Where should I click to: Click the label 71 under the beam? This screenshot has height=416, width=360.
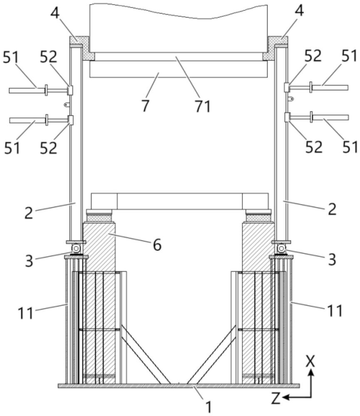(x=203, y=106)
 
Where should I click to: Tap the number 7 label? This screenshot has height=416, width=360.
(x=145, y=105)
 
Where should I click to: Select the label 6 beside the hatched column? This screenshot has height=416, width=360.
(x=157, y=245)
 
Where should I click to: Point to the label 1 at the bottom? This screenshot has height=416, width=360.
(x=209, y=406)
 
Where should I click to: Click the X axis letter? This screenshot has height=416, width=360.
(x=310, y=361)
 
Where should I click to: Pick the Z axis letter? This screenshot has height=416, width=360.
(x=276, y=398)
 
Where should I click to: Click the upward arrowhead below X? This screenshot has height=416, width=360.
(x=311, y=372)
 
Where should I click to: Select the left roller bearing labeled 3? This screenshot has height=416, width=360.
(x=76, y=248)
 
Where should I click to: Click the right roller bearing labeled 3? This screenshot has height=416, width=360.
(x=281, y=248)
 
